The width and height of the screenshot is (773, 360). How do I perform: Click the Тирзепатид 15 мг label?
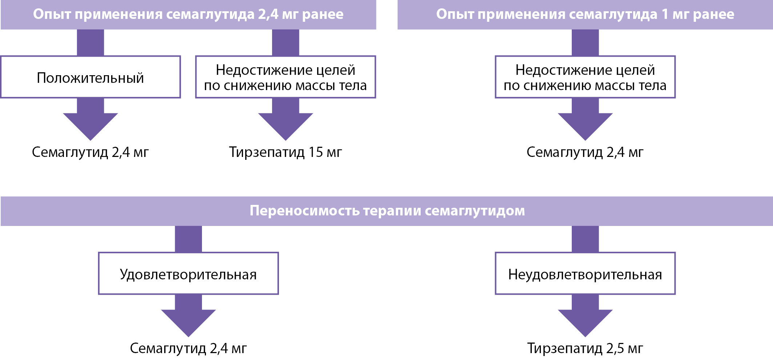click(286, 152)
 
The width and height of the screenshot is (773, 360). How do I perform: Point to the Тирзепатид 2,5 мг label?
click(585, 348)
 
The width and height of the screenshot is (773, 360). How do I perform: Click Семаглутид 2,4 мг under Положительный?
click(90, 152)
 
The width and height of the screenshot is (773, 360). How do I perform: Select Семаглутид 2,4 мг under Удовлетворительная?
click(189, 348)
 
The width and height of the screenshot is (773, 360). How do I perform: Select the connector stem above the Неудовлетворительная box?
click(585, 239)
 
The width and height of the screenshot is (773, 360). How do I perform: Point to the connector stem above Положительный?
click(90, 43)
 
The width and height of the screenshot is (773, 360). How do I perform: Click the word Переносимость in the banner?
click(304, 211)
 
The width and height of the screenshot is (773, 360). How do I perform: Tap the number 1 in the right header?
click(665, 14)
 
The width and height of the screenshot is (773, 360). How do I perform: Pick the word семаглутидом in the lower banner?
click(475, 211)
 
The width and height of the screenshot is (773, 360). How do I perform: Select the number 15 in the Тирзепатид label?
click(315, 152)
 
